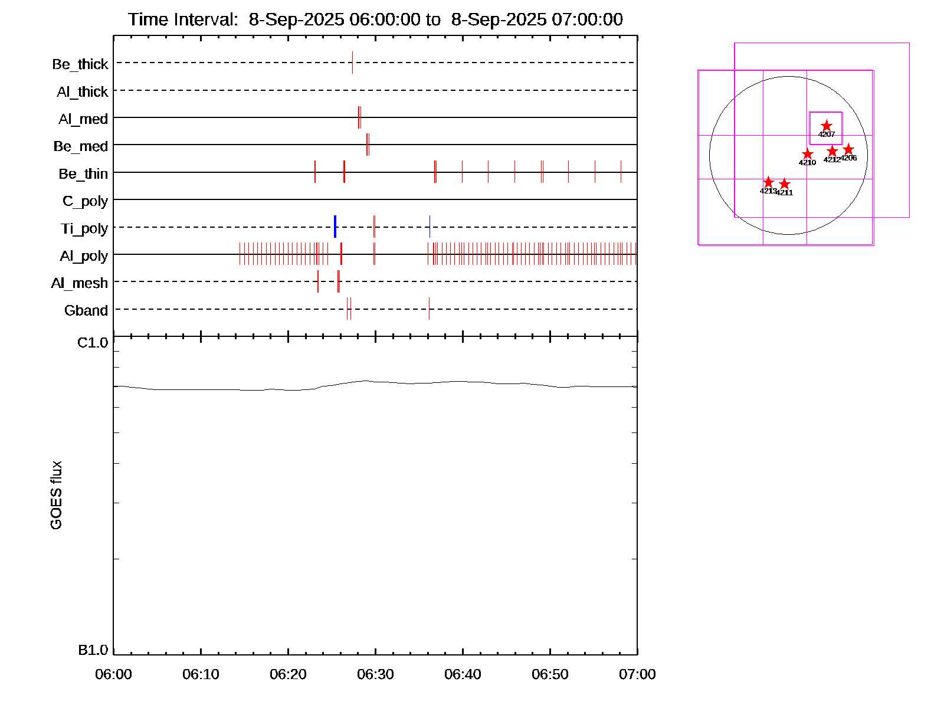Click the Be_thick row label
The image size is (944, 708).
(x=80, y=64)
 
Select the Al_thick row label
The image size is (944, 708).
(x=83, y=91)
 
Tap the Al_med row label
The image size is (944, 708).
(x=83, y=119)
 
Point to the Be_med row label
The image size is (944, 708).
(x=81, y=146)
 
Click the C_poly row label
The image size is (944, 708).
(x=85, y=201)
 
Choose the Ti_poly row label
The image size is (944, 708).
(x=84, y=228)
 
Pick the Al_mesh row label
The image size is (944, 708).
(x=80, y=283)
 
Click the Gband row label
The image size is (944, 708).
(x=86, y=310)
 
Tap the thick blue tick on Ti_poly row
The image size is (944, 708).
(x=335, y=227)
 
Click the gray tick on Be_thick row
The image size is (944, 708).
(x=352, y=63)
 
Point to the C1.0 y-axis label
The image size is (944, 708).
(x=93, y=343)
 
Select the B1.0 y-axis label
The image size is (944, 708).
(x=93, y=650)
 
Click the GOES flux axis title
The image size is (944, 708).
(x=56, y=496)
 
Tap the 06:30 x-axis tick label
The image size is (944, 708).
(x=375, y=674)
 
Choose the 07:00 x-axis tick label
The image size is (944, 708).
(x=637, y=674)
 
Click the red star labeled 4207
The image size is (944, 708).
(x=827, y=126)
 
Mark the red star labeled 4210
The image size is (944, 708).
(x=807, y=154)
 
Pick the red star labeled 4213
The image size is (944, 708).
(x=768, y=182)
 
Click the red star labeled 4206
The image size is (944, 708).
(x=848, y=149)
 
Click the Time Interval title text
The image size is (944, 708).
(x=375, y=19)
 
